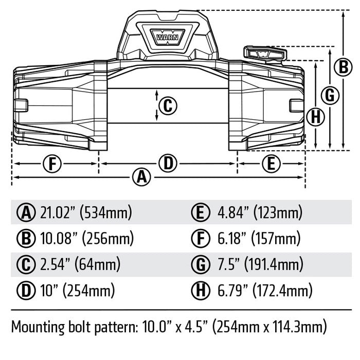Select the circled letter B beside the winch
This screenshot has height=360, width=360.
coord(342,66)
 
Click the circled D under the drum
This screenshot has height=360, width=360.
coord(168,164)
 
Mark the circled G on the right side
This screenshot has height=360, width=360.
coord(330,95)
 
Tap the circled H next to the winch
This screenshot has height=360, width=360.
coord(317,117)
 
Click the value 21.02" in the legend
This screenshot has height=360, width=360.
coord(57,212)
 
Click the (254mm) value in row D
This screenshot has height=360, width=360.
coord(88,292)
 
